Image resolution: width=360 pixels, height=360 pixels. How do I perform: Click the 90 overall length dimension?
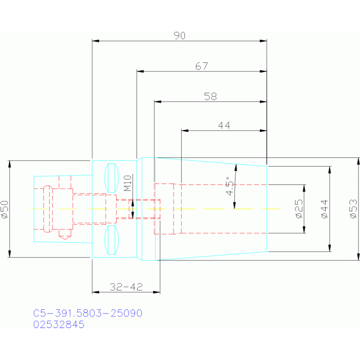coord(180,36)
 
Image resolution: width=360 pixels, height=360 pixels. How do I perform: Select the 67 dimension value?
coord(201,66)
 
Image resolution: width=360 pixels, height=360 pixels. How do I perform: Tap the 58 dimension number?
coord(210,96)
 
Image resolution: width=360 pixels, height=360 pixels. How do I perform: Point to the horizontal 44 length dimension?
coord(224,125)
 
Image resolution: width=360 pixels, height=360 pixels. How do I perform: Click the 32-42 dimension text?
coord(126,287)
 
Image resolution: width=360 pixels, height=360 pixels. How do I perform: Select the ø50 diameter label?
coord(5,209)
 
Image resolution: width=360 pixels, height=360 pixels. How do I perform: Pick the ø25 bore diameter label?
coord(299,209)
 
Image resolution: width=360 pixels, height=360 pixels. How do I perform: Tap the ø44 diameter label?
coord(324,209)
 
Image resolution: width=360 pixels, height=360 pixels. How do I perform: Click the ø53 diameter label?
coord(353,209)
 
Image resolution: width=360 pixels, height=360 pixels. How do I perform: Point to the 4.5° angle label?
coord(230,186)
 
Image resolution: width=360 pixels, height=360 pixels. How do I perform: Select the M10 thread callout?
coord(127,183)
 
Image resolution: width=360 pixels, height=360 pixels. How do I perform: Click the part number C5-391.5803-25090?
coord(88,313)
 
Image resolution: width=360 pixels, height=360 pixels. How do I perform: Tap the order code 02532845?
coord(59,324)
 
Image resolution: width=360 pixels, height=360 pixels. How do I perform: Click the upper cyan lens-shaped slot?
coord(112,178)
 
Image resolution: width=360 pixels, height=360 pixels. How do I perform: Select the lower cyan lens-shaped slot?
coord(112,240)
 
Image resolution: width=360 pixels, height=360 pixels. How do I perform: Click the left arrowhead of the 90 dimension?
coord(95,41)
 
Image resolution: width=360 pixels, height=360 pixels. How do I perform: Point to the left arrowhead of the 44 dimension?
coord(185,130)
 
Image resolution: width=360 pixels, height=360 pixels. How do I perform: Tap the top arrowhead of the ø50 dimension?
coord(9,164)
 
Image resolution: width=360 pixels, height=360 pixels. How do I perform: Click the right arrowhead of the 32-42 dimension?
coord(157,292)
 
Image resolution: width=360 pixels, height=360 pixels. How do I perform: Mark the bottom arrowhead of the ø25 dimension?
coord(304,230)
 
